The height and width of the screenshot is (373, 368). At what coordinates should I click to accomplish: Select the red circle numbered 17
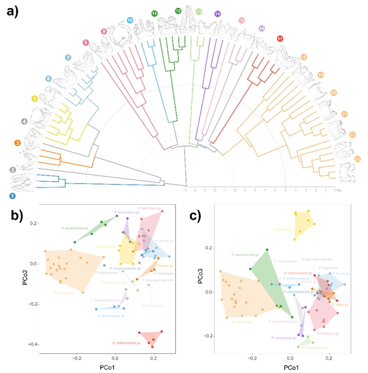click(x=280, y=39)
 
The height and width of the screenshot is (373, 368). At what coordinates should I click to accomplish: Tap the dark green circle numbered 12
click(x=178, y=11)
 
